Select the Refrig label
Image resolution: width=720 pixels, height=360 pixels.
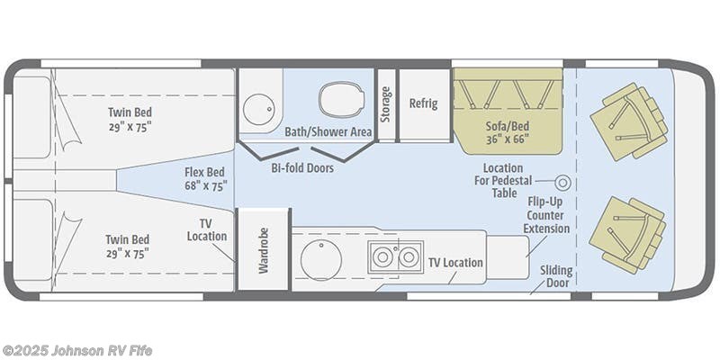423,103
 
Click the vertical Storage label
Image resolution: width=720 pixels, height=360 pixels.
386,103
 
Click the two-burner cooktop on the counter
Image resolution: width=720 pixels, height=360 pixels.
395,257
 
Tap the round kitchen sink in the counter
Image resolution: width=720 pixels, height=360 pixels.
320,260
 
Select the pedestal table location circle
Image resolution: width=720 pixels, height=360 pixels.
563,183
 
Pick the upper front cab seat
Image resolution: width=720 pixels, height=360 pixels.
629,121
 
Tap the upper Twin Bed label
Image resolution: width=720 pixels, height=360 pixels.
130,119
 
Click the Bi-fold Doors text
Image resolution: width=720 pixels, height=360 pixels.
301,168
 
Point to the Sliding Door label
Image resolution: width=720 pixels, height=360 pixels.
556,276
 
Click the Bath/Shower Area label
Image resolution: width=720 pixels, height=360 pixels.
328,131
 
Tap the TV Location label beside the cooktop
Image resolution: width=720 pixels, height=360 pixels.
455,263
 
